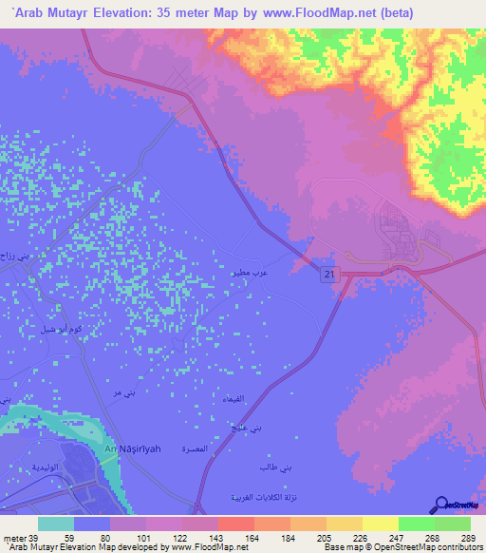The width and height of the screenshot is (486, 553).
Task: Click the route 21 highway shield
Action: click(x=327, y=274)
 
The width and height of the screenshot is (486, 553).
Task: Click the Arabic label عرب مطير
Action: click(x=244, y=272)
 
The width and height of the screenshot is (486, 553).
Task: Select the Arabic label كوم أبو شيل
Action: click(x=60, y=329)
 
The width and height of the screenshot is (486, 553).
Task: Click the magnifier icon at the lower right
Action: click(x=443, y=505)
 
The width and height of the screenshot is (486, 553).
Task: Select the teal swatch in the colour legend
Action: click(x=55, y=524)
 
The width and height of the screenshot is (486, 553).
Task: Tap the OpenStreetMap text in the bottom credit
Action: click(x=395, y=548)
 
